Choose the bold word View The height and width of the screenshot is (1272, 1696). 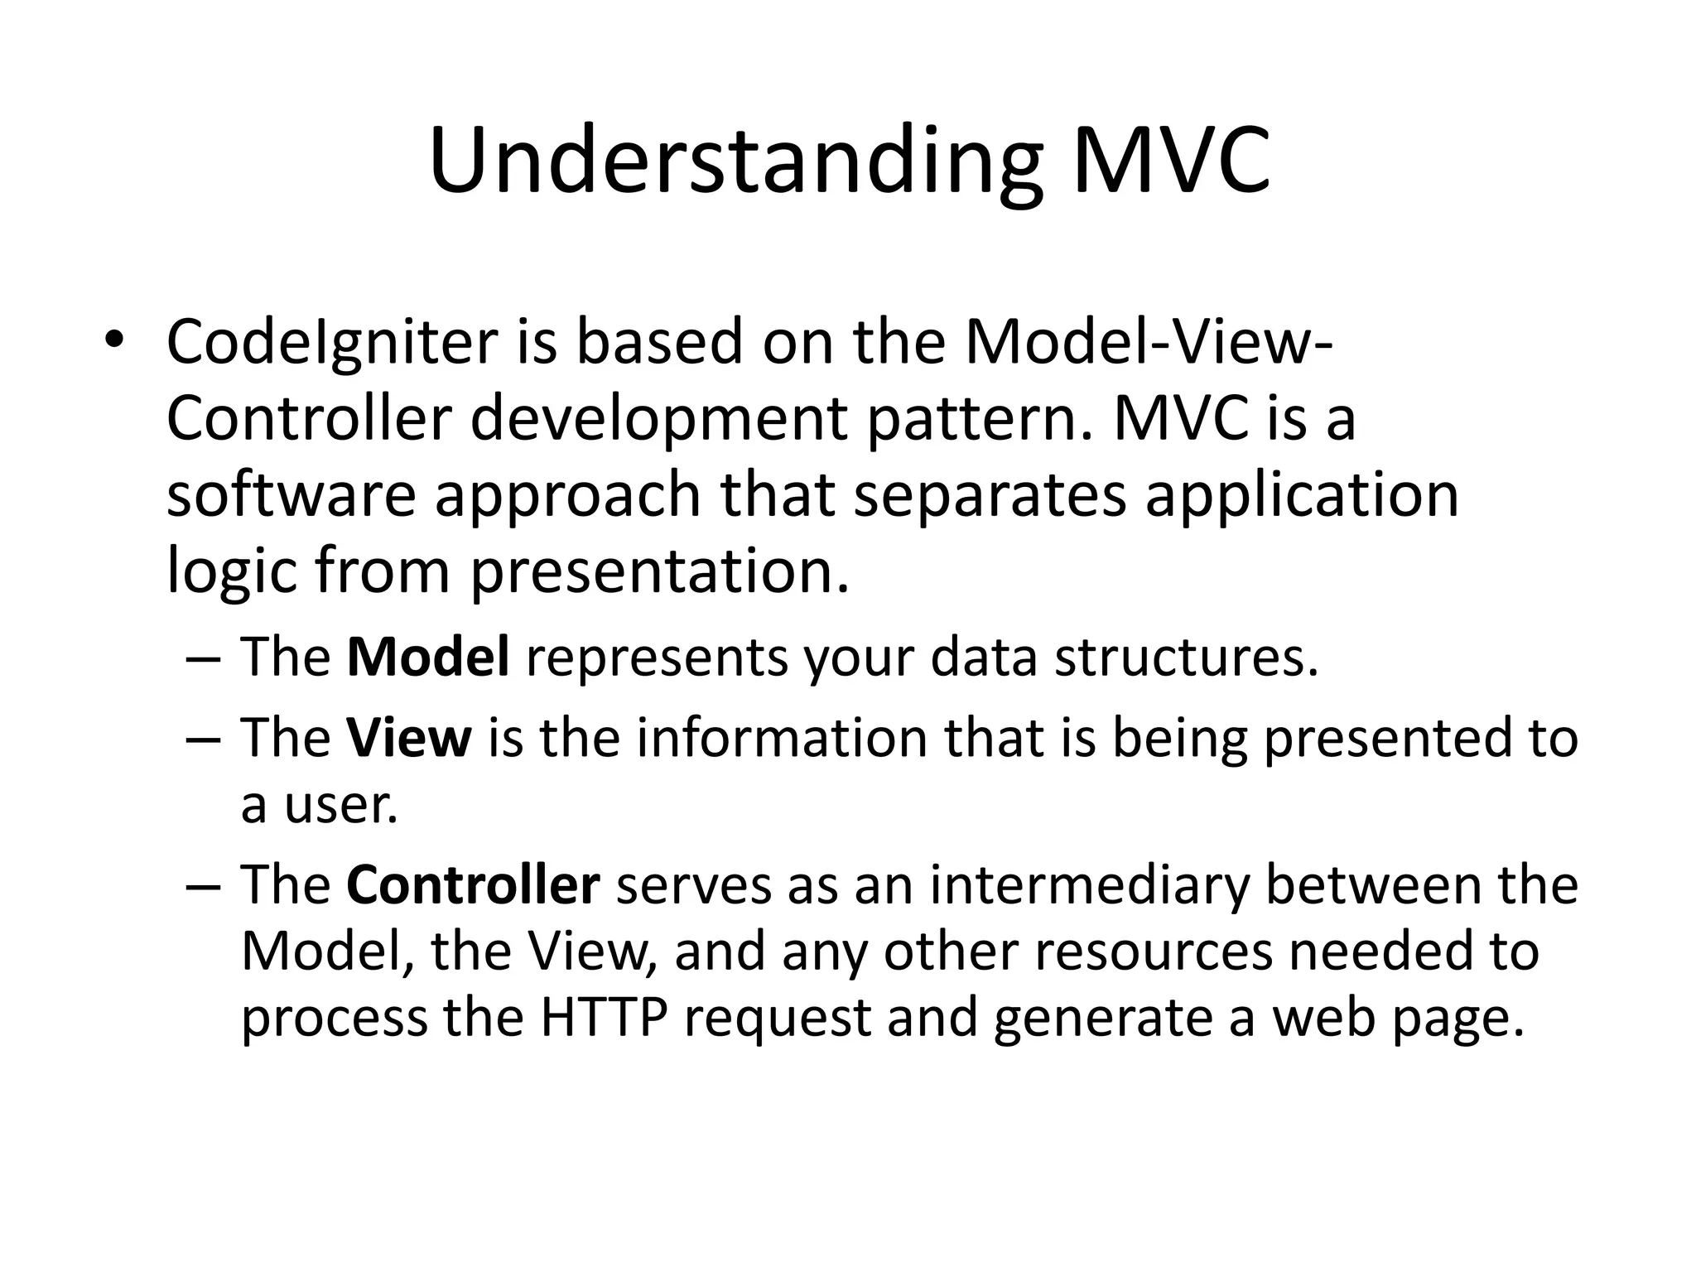tap(409, 738)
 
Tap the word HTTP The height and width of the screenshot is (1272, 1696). tap(604, 1018)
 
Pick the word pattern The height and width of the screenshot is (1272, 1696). tap(977, 418)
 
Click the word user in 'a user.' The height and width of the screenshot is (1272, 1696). tap(340, 804)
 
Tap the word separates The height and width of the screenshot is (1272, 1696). tap(990, 494)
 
